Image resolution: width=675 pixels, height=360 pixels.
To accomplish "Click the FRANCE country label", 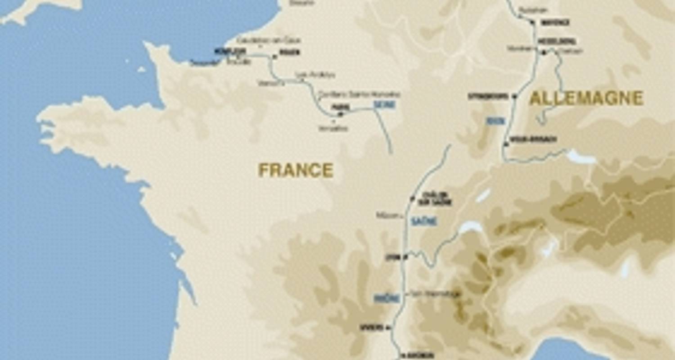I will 296,171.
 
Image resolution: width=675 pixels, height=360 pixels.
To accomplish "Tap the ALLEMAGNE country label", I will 586,99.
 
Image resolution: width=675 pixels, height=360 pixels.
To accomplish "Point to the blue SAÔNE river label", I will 424,221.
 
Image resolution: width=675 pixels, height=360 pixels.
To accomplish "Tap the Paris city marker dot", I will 340,114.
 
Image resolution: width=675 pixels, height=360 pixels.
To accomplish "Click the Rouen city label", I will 289,52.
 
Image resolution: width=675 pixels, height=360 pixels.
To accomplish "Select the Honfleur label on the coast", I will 224,51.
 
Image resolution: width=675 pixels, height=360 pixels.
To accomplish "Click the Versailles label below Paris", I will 333,128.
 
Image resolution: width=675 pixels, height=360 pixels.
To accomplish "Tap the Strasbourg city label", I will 488,96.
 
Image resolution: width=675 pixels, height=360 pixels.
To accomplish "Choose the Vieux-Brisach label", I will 534,139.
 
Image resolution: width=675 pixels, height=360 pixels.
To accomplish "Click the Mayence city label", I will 555,22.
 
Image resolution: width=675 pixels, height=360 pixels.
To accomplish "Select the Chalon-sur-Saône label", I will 435,199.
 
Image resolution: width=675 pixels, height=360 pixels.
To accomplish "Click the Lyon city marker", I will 405,257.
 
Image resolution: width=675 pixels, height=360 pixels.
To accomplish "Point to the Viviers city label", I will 371,327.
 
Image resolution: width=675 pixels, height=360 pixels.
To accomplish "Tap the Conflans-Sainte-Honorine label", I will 359,94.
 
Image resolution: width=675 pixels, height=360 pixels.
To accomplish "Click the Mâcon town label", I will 387,216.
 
